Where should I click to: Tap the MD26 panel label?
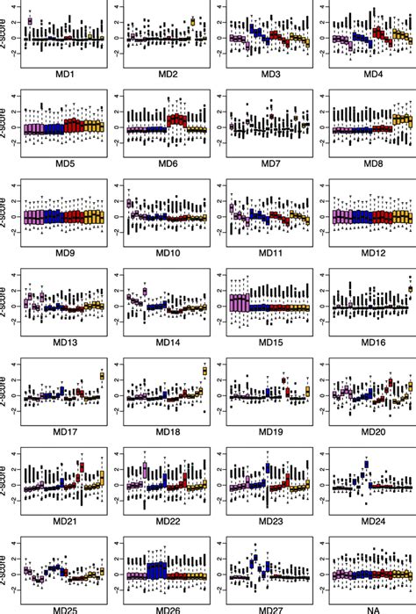[x=166, y=607]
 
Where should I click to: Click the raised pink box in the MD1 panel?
[x=31, y=20]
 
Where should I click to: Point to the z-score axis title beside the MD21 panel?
[x=7, y=486]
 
